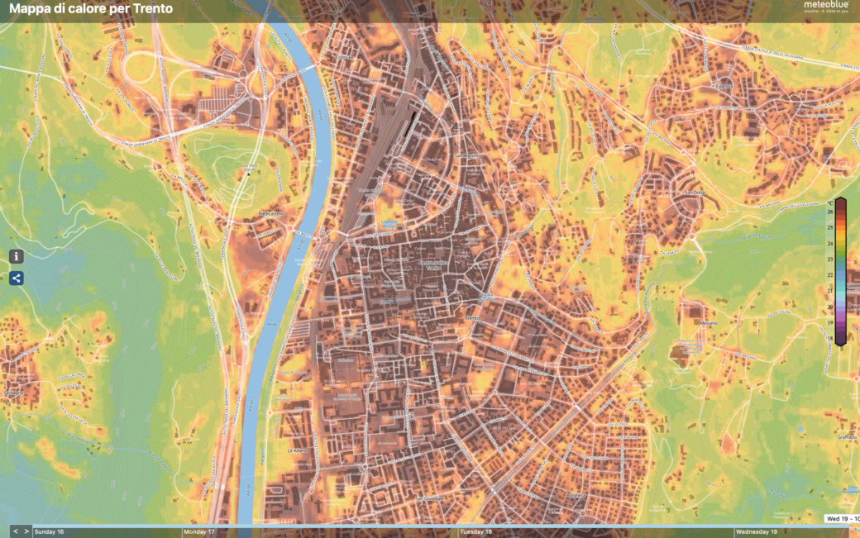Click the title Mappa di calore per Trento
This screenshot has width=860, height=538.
pyautogui.click(x=91, y=9)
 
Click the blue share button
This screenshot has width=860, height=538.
pyautogui.click(x=16, y=279)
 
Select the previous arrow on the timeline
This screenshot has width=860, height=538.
pyautogui.click(x=15, y=531)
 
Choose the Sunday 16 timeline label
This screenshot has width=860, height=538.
pyautogui.click(x=49, y=532)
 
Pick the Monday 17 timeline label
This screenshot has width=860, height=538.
pyautogui.click(x=199, y=532)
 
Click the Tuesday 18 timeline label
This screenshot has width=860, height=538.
pyautogui.click(x=476, y=532)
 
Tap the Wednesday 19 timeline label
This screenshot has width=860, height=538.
pyautogui.click(x=756, y=532)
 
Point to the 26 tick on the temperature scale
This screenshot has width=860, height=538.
pyautogui.click(x=829, y=212)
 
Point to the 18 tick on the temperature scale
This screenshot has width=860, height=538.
pyautogui.click(x=829, y=338)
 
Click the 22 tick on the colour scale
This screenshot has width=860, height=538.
pyautogui.click(x=829, y=275)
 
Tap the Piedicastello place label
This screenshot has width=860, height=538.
pyautogui.click(x=270, y=213)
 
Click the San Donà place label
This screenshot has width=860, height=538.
pyautogui.click(x=692, y=193)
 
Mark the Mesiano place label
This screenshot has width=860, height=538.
pyautogui.click(x=708, y=323)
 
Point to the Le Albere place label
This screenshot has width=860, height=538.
pyautogui.click(x=297, y=451)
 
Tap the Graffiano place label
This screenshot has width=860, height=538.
pyautogui.click(x=846, y=436)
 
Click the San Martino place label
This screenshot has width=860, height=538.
pyautogui.click(x=467, y=155)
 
